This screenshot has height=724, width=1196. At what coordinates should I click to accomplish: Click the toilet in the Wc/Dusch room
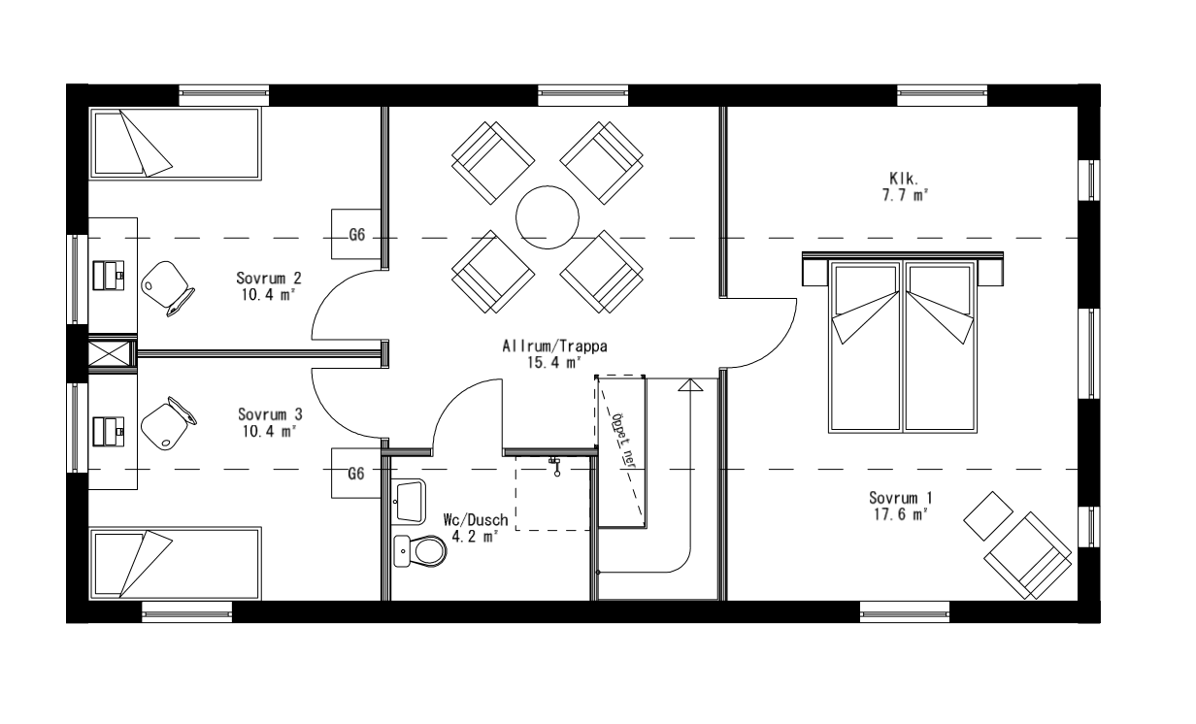(418, 552)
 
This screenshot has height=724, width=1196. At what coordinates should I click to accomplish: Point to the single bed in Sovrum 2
(175, 143)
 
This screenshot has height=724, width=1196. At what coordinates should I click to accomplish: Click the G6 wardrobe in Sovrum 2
(356, 235)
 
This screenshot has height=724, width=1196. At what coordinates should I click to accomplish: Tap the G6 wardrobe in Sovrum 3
(356, 474)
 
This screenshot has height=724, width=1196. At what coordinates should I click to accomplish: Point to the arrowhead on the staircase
(689, 385)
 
